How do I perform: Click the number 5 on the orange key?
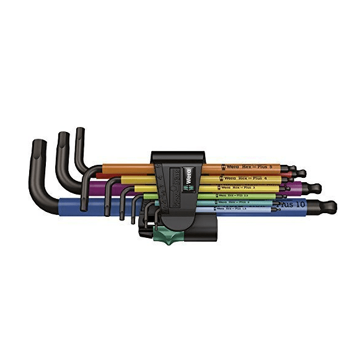pos(270,166)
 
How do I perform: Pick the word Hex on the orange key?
pos(245,167)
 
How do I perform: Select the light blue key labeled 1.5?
pos(242,210)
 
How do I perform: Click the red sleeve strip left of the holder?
pos(124,176)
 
